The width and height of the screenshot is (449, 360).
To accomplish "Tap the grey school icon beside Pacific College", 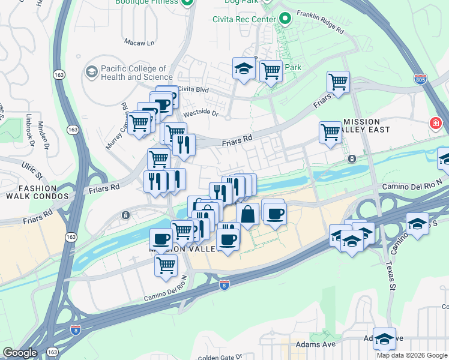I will click(92, 73).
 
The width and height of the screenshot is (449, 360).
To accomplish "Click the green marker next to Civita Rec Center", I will click(284, 19).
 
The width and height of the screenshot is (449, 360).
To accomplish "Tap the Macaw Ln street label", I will click(139, 43).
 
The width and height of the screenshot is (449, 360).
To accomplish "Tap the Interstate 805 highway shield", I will click(420, 79).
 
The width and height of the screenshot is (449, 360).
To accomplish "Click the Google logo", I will click(20, 352).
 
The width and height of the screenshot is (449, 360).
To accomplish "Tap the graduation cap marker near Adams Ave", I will click(384, 338).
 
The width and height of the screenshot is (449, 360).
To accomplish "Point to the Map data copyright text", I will click(412, 355).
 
